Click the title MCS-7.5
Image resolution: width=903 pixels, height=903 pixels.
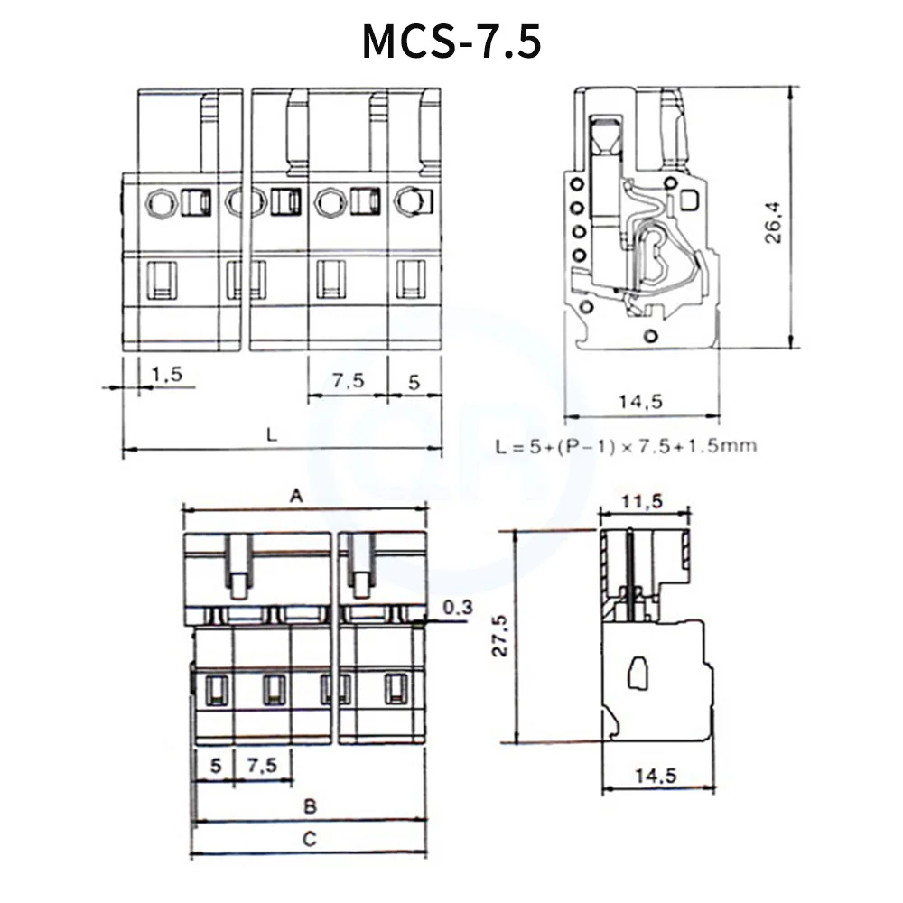[451, 42]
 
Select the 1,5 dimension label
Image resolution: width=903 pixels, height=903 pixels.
[167, 373]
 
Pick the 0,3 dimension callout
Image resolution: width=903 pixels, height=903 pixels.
[459, 607]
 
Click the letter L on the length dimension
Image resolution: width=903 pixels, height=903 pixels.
[272, 433]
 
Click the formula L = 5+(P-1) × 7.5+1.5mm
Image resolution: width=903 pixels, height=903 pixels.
[627, 445]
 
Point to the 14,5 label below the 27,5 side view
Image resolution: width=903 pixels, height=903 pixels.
[660, 775]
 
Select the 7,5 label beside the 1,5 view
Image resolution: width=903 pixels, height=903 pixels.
[347, 381]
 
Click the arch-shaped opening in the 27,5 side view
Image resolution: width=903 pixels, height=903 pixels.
[638, 673]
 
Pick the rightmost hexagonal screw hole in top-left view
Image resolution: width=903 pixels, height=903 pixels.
[409, 200]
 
